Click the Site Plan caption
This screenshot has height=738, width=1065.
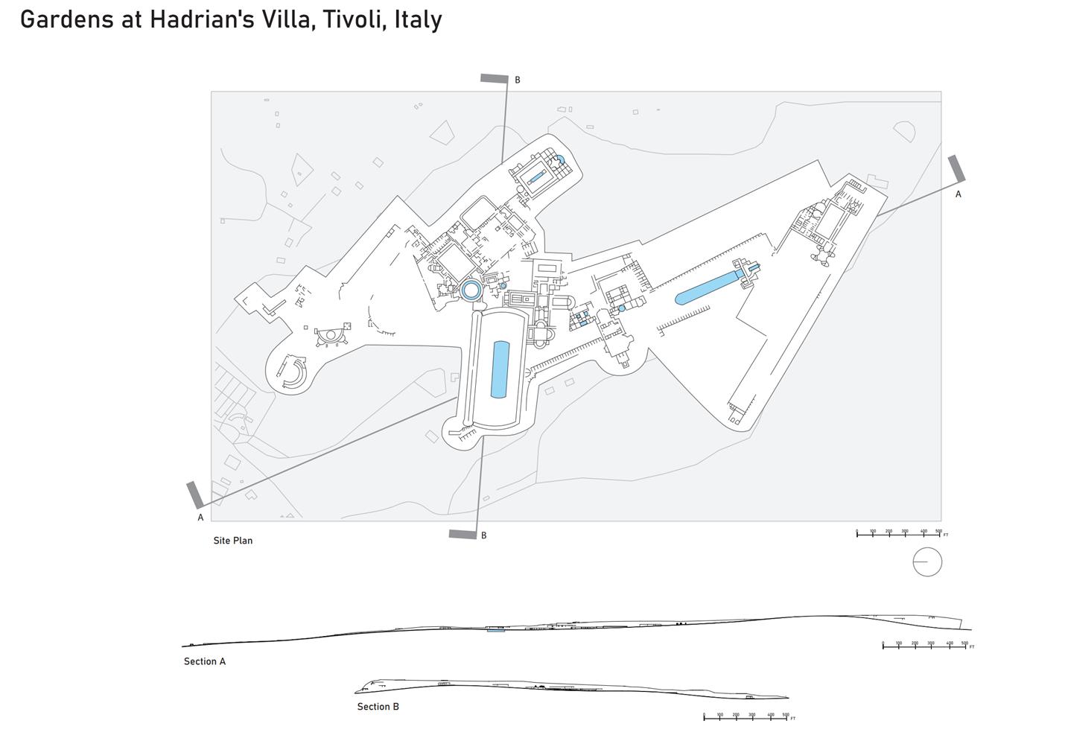(x=232, y=541)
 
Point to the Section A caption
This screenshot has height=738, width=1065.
(x=204, y=661)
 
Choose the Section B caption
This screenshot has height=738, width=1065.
(x=378, y=707)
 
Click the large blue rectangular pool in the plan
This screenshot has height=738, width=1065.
(x=500, y=369)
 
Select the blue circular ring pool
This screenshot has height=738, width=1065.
(x=470, y=290)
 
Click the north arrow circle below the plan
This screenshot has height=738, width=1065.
(x=927, y=562)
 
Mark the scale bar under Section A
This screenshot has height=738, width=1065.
(x=924, y=646)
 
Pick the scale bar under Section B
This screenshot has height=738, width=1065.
(x=745, y=717)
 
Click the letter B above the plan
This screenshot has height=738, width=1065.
(x=518, y=80)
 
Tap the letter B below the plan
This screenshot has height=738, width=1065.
(x=483, y=535)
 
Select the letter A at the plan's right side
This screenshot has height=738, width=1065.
(x=958, y=194)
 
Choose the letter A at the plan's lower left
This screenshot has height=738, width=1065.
(x=200, y=518)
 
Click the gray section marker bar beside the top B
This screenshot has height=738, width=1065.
(x=495, y=78)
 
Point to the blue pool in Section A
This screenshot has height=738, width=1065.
(x=495, y=630)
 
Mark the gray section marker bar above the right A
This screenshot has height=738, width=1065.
(x=957, y=169)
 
